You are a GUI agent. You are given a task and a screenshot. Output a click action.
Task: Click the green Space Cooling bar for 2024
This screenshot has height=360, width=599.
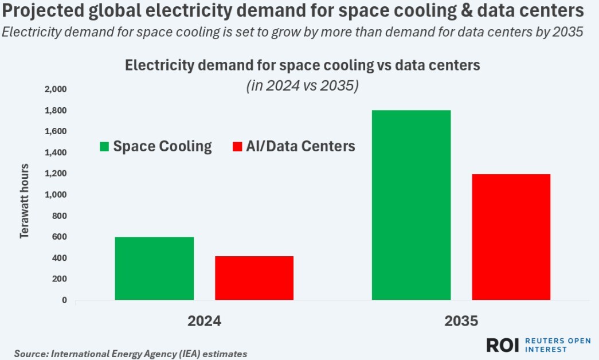pyautogui.click(x=154, y=268)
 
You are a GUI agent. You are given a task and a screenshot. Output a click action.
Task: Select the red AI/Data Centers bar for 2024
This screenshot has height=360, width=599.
pyautogui.click(x=255, y=278)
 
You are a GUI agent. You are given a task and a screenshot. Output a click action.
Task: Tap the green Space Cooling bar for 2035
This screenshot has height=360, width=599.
pyautogui.click(x=411, y=205)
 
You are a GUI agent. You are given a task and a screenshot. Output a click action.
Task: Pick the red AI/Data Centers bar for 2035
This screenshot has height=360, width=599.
pyautogui.click(x=511, y=237)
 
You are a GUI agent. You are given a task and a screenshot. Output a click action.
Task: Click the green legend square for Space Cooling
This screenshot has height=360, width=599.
pyautogui.click(x=104, y=147)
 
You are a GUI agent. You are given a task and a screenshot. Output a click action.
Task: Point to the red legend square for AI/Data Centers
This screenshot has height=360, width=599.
pyautogui.click(x=236, y=147)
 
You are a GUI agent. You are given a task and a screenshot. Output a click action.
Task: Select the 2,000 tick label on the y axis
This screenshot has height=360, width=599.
pyautogui.click(x=55, y=89)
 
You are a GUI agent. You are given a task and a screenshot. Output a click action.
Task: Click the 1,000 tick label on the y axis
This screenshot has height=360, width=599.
pyautogui.click(x=55, y=195)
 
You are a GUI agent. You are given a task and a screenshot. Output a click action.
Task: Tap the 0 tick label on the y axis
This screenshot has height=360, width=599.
pyautogui.click(x=64, y=300)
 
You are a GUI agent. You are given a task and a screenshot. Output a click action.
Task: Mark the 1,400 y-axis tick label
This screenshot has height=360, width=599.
pyautogui.click(x=55, y=152)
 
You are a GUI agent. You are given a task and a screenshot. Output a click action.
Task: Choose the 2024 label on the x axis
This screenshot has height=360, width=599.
pyautogui.click(x=204, y=321)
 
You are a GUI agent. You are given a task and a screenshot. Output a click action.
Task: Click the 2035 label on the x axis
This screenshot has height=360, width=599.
pyautogui.click(x=461, y=321)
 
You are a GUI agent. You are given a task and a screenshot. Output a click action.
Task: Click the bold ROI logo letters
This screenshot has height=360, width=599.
pyautogui.click(x=502, y=345)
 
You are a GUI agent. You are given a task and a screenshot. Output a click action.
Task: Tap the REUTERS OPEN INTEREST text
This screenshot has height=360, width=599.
pyautogui.click(x=557, y=345)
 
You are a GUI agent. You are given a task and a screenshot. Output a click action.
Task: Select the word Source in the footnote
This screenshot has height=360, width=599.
pyautogui.click(x=30, y=354)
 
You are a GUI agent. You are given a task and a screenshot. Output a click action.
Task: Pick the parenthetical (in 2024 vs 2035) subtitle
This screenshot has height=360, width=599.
pyautogui.click(x=302, y=87)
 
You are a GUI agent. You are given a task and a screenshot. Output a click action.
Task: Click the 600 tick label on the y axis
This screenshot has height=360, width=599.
pyautogui.click(x=60, y=237)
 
